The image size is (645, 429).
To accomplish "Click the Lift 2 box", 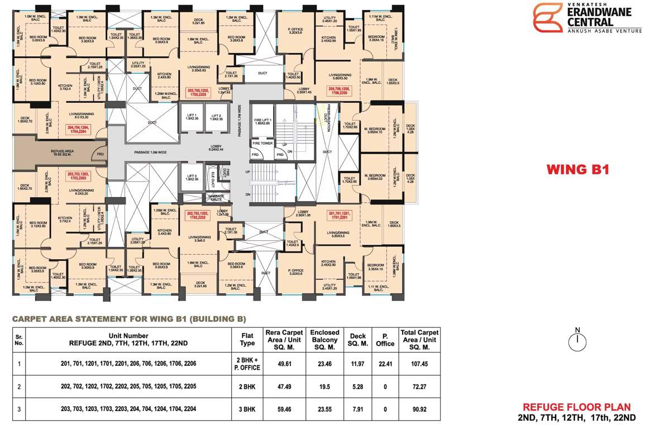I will click(x=216, y=117).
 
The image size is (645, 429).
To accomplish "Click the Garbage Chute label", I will click(x=216, y=197).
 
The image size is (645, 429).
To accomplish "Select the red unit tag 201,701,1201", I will click(x=341, y=216).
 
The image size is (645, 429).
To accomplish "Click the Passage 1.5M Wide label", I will click(x=150, y=152).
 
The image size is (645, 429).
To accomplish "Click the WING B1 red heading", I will click(x=577, y=169).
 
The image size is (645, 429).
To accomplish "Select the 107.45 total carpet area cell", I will click(x=419, y=364).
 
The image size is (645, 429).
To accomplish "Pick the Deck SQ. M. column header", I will click(x=357, y=340).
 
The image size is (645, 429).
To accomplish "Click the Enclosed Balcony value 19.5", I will click(x=324, y=387).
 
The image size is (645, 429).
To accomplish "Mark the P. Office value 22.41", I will click(x=384, y=364).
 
